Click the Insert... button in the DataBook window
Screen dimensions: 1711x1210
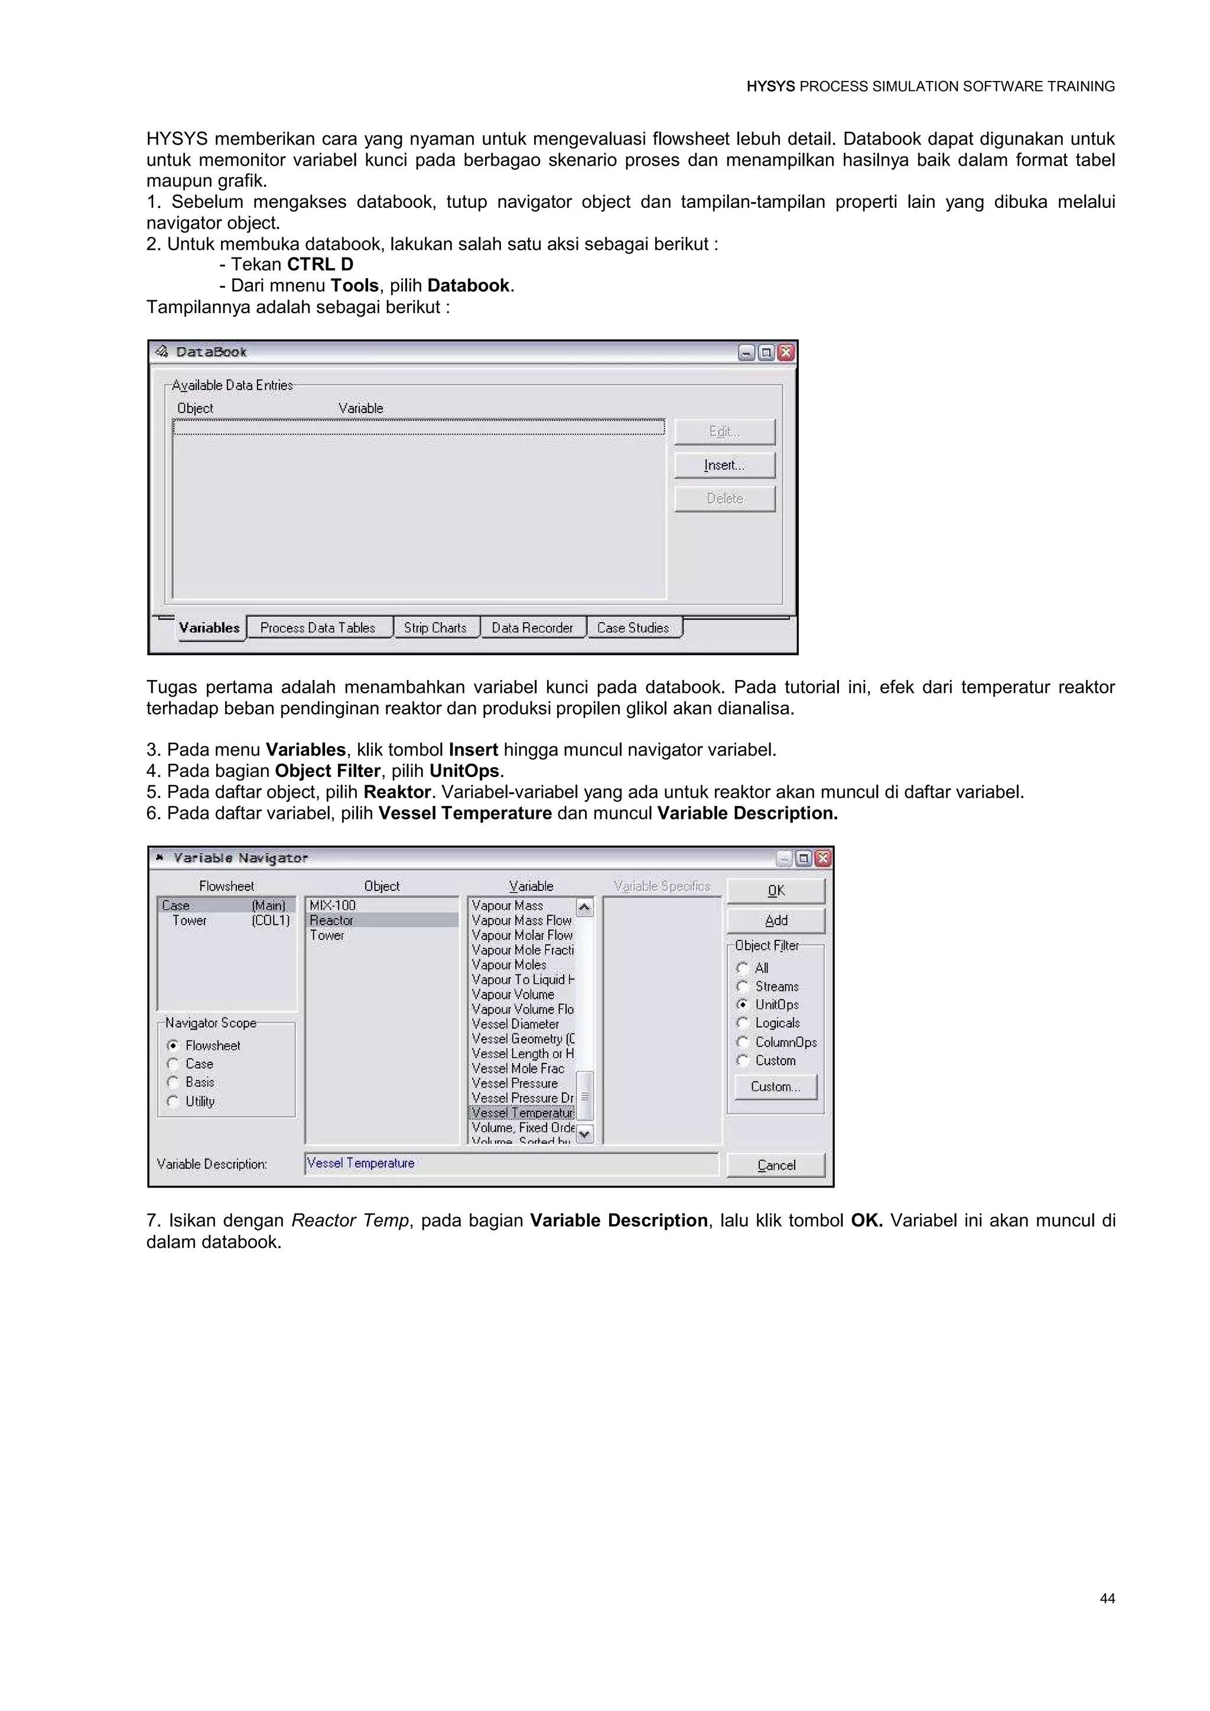724,465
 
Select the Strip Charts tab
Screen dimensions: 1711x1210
435,627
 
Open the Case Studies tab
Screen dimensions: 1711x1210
633,627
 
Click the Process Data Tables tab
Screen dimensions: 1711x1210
318,627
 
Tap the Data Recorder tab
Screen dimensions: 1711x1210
533,627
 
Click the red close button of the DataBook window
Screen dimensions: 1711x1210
786,353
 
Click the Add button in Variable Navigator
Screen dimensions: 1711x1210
776,920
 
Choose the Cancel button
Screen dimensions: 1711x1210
776,1164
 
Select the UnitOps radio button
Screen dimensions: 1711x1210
742,1004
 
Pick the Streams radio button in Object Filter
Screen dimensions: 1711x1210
742,986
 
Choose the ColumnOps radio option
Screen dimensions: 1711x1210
742,1042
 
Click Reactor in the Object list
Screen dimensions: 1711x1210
332,920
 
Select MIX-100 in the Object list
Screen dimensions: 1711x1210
333,906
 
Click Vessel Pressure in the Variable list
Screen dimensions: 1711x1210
515,1083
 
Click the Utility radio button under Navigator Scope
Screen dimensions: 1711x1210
173,1101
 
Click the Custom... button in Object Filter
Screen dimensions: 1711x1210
776,1087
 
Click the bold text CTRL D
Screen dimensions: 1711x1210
320,265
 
